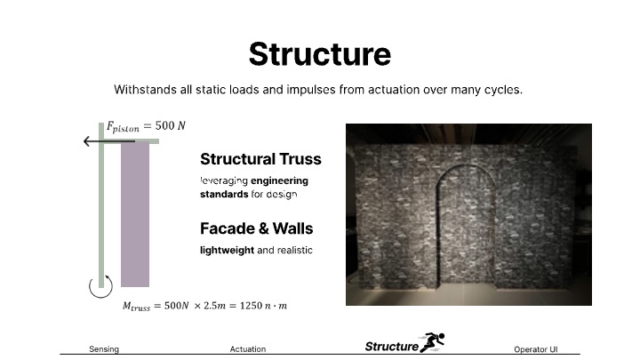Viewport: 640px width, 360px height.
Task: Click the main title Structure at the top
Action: (320, 54)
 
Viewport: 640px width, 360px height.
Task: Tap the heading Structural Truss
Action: (260, 159)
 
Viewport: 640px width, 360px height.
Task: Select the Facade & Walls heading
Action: (256, 228)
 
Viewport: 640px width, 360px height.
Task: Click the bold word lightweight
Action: (227, 250)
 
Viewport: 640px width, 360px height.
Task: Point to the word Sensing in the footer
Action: (104, 349)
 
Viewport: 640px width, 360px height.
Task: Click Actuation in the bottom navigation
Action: (248, 349)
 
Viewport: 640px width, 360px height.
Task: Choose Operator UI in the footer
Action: (535, 349)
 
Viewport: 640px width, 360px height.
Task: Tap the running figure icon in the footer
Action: (433, 342)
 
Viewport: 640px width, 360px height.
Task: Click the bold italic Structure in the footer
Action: (392, 347)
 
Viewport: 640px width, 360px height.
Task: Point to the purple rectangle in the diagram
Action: (135, 214)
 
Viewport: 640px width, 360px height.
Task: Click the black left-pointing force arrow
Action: (109, 141)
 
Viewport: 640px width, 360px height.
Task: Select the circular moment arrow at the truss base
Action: (100, 286)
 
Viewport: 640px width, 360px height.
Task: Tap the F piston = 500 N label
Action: (146, 126)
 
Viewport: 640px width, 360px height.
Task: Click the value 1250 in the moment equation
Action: (251, 306)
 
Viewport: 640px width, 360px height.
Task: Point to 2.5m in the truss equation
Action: (214, 306)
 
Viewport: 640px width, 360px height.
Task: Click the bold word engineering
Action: (280, 180)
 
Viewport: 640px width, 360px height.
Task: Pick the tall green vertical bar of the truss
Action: (101, 205)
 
